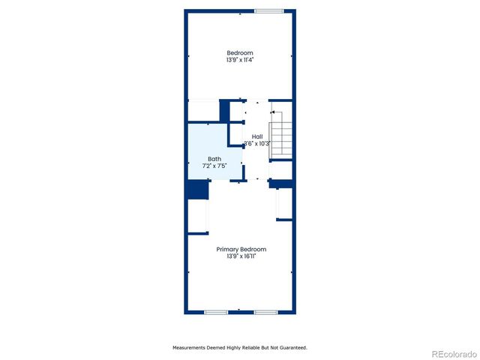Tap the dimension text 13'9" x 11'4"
pyautogui.click(x=240, y=59)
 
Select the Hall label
pyautogui.click(x=257, y=136)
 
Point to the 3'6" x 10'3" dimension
pyautogui.click(x=257, y=143)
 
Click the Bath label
pyautogui.click(x=214, y=158)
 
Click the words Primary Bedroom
pyautogui.click(x=241, y=249)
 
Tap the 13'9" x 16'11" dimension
pyautogui.click(x=241, y=256)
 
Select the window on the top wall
pyautogui.click(x=268, y=10)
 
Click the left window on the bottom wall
pyautogui.click(x=216, y=311)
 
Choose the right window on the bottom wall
pyautogui.click(x=265, y=311)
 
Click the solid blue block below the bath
pyautogui.click(x=196, y=190)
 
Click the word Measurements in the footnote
pyautogui.click(x=192, y=348)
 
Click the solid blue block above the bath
pyautogui.click(x=224, y=110)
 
